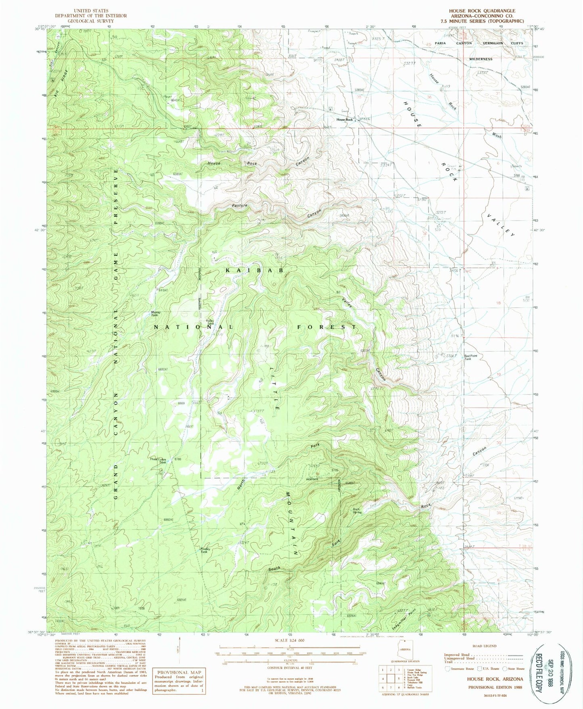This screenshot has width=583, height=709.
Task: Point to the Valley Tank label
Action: tap(210, 322)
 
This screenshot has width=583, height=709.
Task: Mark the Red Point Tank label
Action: tap(470, 357)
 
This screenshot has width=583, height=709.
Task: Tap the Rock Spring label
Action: tap(357, 511)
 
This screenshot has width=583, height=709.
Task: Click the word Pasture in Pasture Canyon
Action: tap(240, 206)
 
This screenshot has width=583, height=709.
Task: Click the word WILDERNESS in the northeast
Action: tap(481, 59)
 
